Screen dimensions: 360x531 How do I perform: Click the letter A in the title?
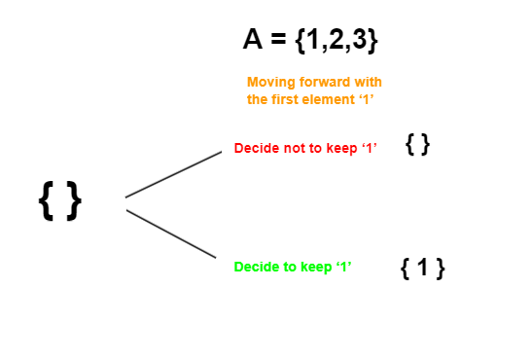click(254, 40)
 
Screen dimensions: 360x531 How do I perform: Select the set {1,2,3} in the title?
click(336, 41)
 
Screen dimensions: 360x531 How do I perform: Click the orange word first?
click(288, 99)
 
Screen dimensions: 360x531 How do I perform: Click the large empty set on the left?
click(60, 201)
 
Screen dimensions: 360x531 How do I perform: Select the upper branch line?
click(174, 174)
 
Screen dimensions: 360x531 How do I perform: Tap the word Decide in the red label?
click(255, 148)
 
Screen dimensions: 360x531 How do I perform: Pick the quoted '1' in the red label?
click(368, 148)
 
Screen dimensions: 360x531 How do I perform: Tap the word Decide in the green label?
click(255, 266)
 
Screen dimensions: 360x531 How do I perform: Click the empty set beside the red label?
click(418, 145)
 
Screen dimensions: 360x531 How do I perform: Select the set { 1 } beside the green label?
click(423, 269)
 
